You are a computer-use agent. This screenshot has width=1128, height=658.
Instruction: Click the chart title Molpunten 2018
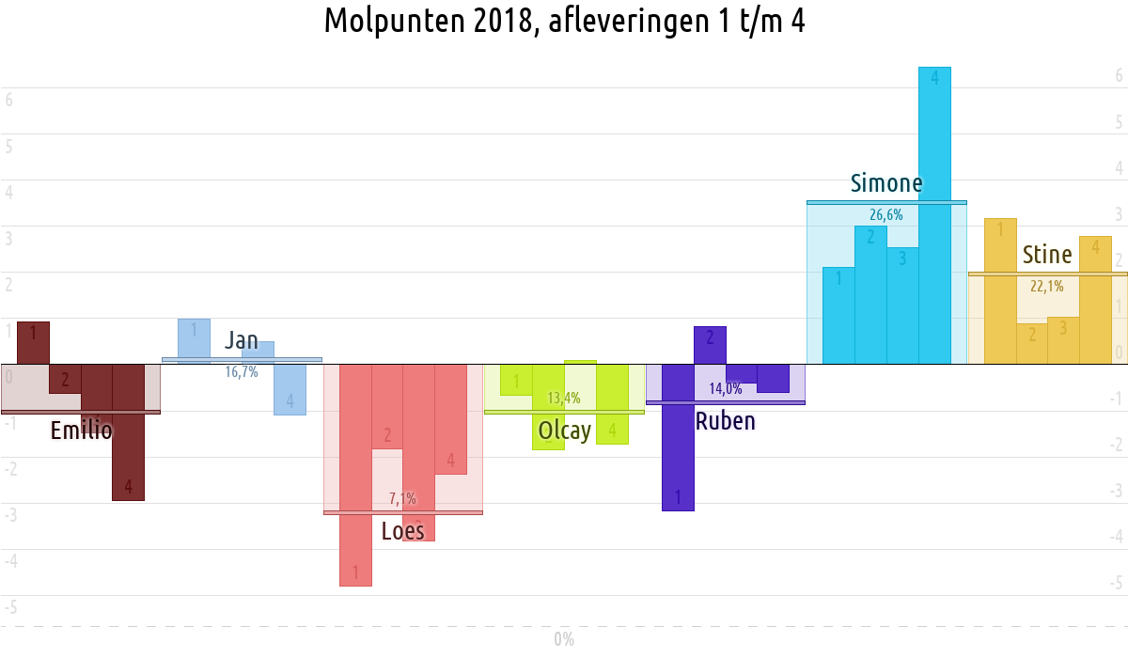(564, 21)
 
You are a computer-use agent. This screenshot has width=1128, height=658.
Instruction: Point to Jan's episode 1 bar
(194, 338)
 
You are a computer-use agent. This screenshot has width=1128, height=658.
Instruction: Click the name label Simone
(885, 183)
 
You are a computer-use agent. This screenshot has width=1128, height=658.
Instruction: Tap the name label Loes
(402, 531)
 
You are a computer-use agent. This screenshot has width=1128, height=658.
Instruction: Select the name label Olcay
(564, 431)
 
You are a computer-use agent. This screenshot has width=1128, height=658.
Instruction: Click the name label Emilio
(81, 431)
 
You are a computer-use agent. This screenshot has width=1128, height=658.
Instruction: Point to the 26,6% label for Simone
(885, 214)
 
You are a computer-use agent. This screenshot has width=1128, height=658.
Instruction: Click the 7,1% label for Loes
(402, 498)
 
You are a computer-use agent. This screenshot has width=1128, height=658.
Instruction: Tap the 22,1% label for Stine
(1047, 287)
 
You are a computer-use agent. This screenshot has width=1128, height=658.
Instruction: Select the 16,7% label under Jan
(242, 372)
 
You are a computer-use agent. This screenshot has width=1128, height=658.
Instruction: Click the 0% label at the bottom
(564, 640)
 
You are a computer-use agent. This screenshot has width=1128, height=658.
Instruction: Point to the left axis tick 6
(8, 100)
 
